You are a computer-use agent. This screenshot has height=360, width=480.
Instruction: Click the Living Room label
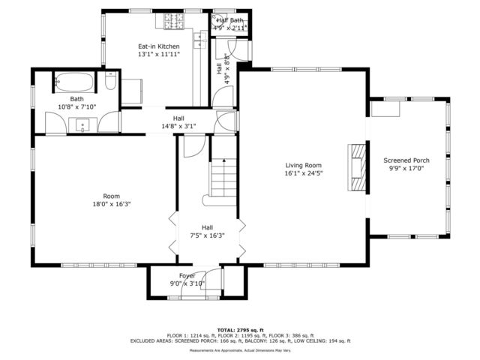(303, 166)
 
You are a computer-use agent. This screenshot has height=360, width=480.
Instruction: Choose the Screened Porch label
(406, 160)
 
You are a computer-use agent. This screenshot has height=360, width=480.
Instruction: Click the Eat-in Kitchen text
(158, 46)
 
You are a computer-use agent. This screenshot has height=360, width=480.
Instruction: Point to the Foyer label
(187, 276)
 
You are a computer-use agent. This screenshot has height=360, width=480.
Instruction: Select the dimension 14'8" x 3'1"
(178, 127)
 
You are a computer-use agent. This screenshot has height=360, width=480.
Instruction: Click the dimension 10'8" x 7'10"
(77, 106)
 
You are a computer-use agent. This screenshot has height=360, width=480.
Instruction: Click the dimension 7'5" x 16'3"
(207, 235)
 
